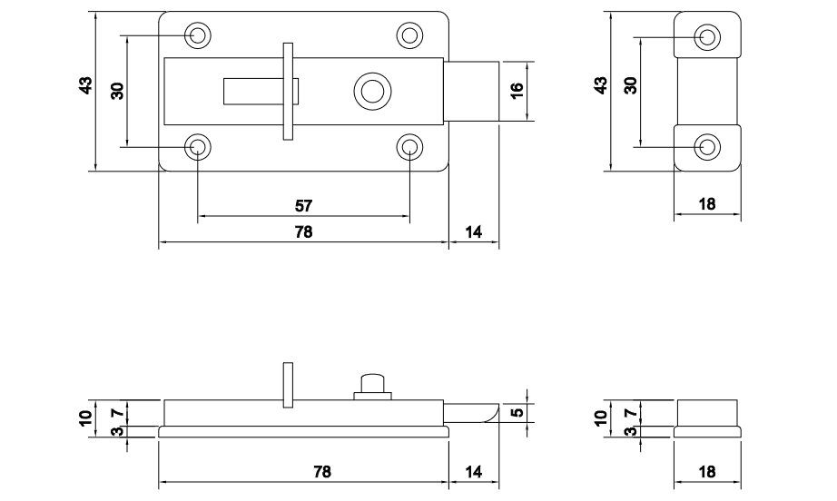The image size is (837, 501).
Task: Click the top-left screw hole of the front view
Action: (198, 35)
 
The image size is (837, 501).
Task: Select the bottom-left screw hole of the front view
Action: (198, 146)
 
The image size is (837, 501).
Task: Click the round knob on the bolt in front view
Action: (369, 91)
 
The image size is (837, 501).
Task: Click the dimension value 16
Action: (517, 90)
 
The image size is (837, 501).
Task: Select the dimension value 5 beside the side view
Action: (517, 413)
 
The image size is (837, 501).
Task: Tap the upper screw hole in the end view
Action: (708, 36)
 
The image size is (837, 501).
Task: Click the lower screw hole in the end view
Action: (708, 146)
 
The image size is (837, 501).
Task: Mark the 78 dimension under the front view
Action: (303, 232)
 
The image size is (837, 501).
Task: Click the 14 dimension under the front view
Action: (474, 232)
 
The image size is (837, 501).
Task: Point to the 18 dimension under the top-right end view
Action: (707, 204)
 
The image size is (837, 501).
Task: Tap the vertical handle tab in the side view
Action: (289, 384)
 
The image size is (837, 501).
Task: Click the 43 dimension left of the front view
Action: (84, 86)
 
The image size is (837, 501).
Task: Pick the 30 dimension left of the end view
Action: (630, 86)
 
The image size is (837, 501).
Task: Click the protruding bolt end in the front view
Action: (474, 90)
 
